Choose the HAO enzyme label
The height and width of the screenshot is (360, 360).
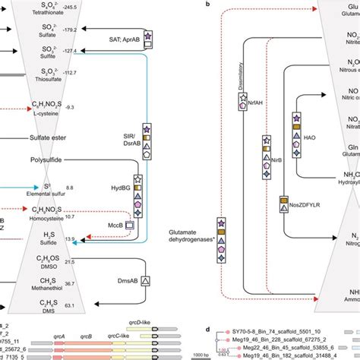(x=310, y=137)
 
